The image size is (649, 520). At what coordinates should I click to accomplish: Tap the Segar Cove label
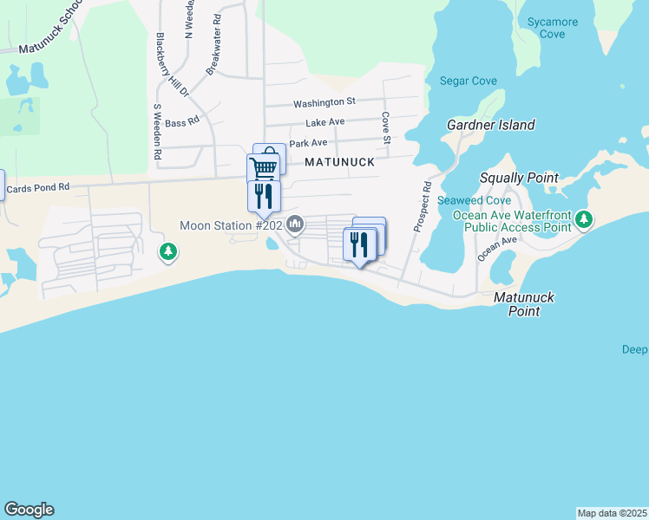click(469, 81)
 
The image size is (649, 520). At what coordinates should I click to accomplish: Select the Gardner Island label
click(490, 125)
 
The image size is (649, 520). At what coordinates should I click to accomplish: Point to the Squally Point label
click(519, 178)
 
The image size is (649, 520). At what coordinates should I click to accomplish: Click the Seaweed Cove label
click(468, 200)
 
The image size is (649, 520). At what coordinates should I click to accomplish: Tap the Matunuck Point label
click(523, 304)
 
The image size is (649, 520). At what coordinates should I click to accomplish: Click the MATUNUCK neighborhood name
click(339, 162)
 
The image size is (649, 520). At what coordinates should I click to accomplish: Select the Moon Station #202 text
click(230, 226)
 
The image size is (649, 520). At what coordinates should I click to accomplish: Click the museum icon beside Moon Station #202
click(295, 225)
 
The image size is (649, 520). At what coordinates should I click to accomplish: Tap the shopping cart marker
click(264, 167)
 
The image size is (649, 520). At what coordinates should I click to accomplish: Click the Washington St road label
click(324, 102)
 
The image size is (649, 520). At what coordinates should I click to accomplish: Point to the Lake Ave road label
click(325, 122)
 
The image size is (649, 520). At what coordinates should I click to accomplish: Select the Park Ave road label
click(308, 143)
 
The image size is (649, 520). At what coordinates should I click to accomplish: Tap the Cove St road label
click(385, 127)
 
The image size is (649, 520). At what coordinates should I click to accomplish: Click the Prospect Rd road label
click(423, 207)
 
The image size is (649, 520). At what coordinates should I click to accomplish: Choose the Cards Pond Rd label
click(36, 188)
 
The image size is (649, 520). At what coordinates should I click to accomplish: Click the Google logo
click(29, 510)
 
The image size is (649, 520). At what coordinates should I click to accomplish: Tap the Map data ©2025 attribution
click(612, 513)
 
